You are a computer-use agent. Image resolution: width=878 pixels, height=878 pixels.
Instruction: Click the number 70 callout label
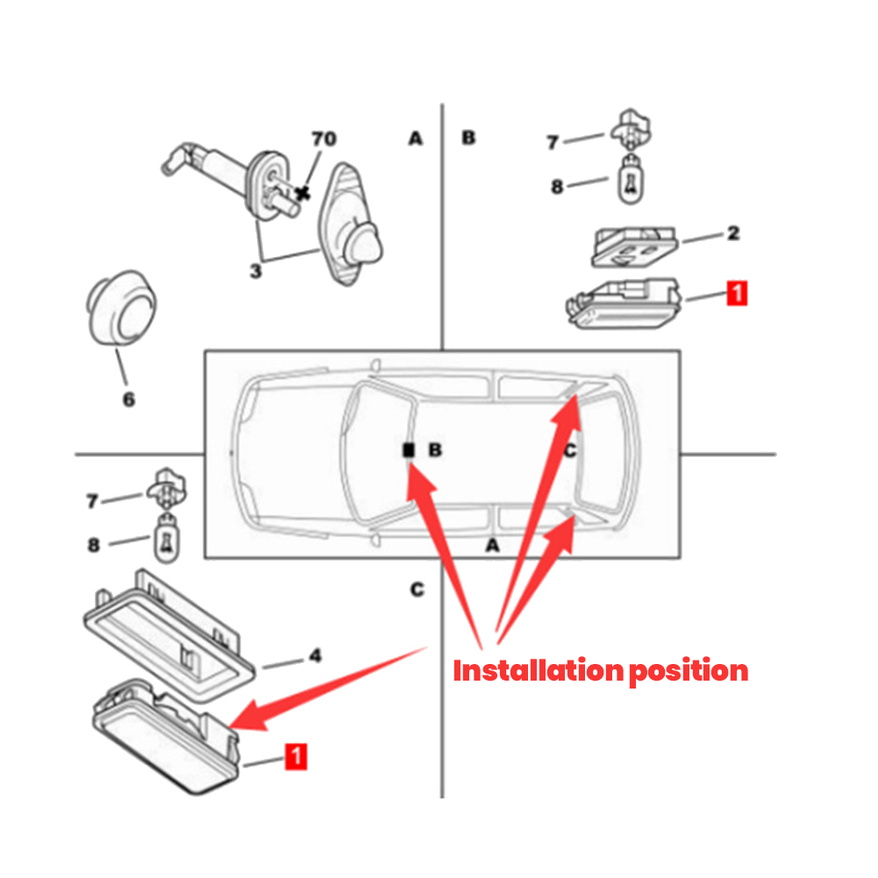click(324, 139)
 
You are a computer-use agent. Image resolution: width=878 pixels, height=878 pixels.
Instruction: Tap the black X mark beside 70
click(303, 191)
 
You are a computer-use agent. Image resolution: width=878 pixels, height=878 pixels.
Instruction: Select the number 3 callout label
click(255, 271)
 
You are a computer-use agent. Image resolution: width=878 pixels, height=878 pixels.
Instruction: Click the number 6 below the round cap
click(128, 399)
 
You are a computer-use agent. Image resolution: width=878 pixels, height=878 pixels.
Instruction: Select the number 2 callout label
click(733, 233)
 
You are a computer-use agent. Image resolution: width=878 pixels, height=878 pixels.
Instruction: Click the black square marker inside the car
click(408, 450)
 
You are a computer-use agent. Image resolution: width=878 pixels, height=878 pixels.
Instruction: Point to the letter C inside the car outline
click(569, 451)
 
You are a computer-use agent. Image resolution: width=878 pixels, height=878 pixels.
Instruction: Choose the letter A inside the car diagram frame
click(492, 546)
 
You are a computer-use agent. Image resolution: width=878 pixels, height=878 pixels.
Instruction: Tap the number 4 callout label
click(315, 655)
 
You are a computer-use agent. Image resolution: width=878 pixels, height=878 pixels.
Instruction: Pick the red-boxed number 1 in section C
click(297, 756)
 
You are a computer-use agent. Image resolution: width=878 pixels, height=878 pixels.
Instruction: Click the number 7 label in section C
click(92, 501)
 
